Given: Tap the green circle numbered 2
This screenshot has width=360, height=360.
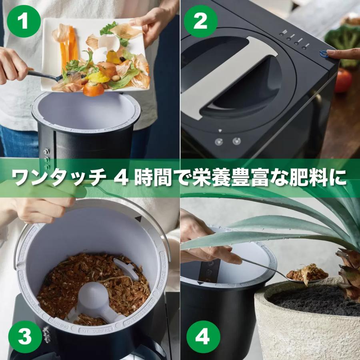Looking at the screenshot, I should coord(200,21).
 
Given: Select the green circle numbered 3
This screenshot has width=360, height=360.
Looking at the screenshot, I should coord(24,337).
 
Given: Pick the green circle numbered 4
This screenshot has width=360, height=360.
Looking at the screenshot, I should coord(202,337).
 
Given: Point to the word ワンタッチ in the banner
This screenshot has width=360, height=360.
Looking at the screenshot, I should coord(58,178).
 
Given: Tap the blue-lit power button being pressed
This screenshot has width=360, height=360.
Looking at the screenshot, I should coord(322,54).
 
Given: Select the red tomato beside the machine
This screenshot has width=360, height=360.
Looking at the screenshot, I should coord(343,80).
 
